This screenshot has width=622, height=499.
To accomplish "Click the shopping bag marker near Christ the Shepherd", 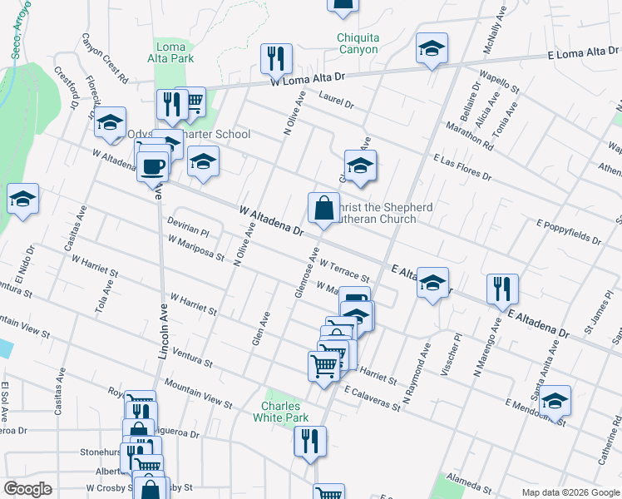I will pyautogui.click(x=323, y=209).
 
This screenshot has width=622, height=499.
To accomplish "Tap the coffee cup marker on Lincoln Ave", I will pyautogui.click(x=153, y=166).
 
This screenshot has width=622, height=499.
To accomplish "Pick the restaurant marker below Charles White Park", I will pyautogui.click(x=310, y=442).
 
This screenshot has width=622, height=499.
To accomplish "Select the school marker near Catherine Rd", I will pyautogui.click(x=555, y=401).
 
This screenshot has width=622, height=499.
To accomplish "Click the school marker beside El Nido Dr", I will pyautogui.click(x=23, y=200).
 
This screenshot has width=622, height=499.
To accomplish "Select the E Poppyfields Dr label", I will pyautogui.click(x=569, y=232).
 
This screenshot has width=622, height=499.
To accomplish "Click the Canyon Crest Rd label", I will pyautogui.click(x=105, y=59).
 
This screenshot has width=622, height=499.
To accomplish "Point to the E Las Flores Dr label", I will pyautogui.click(x=462, y=167).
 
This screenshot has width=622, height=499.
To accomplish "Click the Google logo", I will pyautogui.click(x=28, y=489).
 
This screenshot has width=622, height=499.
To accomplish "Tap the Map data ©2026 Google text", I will pyautogui.click(x=570, y=492).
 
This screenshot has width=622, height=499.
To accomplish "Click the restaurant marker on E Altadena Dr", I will pyautogui.click(x=502, y=290).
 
